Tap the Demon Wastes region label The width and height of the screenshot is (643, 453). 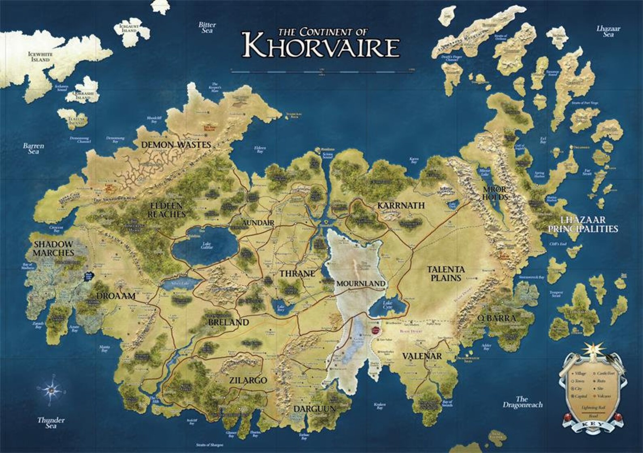click(x=176, y=145)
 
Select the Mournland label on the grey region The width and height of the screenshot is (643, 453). click(x=360, y=283)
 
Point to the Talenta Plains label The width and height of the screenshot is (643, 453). click(x=445, y=274)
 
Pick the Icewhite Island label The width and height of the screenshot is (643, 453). click(x=40, y=57)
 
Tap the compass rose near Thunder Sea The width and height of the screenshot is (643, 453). click(x=52, y=390)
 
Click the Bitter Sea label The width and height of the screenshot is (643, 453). click(x=207, y=28)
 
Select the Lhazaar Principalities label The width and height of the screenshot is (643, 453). click(x=583, y=225)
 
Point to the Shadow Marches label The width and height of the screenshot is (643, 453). click(x=54, y=249)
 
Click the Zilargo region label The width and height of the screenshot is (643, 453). click(x=248, y=381)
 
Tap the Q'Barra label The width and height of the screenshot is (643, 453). click(x=496, y=319)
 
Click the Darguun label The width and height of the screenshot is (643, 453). click(x=314, y=409)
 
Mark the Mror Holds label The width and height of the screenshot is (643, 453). click(x=494, y=193)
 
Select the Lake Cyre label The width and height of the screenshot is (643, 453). click(x=387, y=305)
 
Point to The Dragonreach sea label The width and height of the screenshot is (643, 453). click(x=522, y=402)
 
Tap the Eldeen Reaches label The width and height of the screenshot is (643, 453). click(x=166, y=210)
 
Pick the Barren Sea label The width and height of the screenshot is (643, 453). click(x=34, y=149)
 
